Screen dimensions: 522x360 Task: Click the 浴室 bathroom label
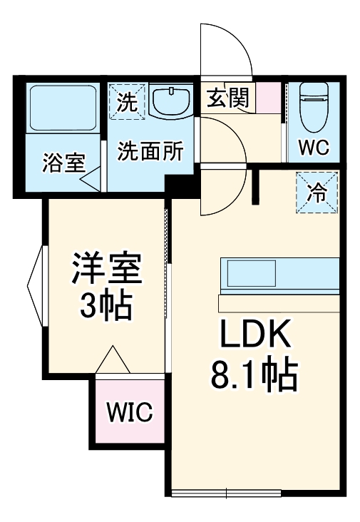63,163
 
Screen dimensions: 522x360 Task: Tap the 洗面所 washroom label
150,151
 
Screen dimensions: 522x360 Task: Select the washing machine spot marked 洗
127,101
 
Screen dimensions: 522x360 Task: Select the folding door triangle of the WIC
113,360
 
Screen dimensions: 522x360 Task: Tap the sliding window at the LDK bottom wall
227,493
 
